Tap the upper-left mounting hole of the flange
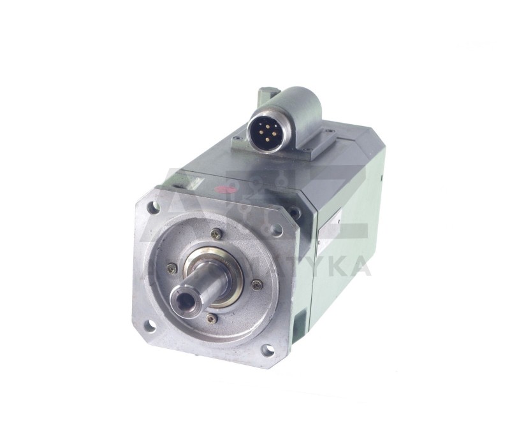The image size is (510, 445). tap(153, 207)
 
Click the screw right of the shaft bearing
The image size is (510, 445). tap(256, 285)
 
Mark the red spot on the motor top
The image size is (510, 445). tap(224, 189)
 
